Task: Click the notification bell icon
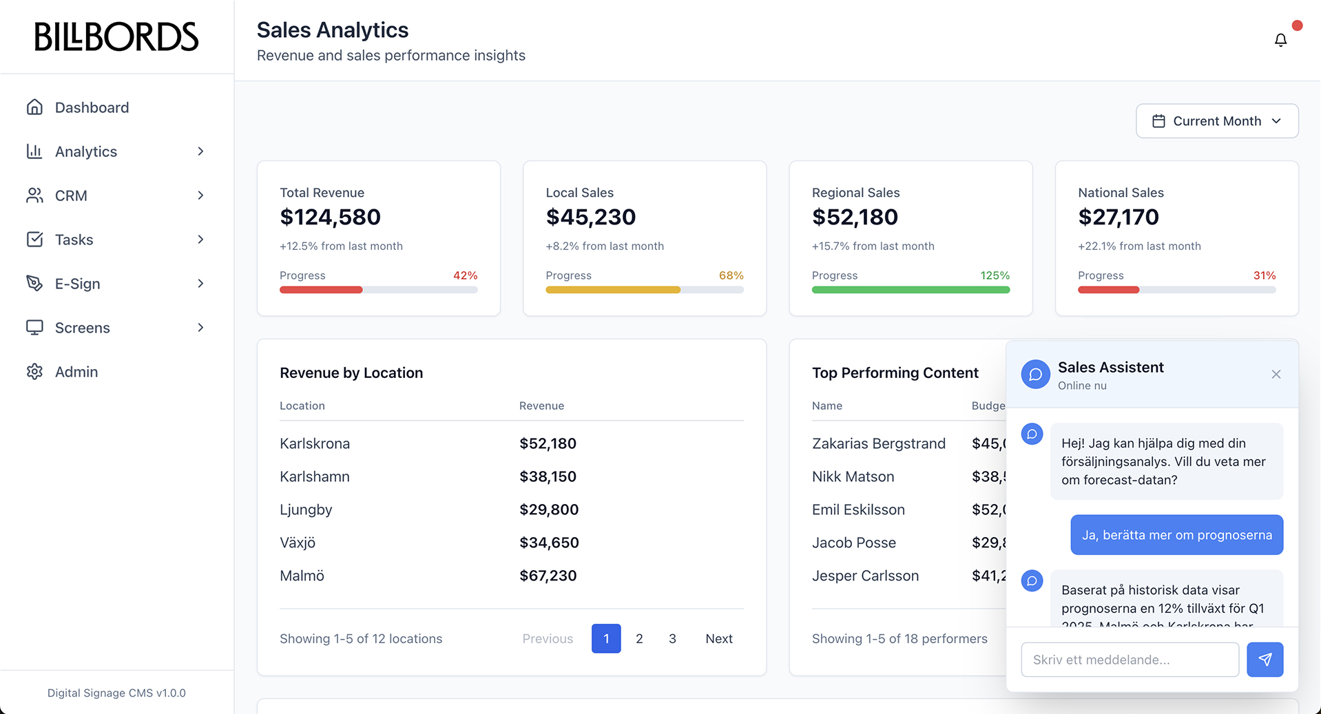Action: (1280, 40)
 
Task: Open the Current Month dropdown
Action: (1217, 121)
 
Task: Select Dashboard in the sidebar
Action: (92, 107)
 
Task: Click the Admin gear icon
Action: (34, 372)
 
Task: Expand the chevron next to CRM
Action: (200, 196)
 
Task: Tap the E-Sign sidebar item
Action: (78, 284)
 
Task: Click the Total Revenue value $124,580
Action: (330, 218)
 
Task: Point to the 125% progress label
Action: (995, 275)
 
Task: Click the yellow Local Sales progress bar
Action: (612, 290)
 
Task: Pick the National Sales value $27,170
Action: (1118, 218)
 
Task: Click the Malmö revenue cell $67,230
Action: (548, 576)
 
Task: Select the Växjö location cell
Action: (298, 543)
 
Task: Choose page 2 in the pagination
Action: (639, 639)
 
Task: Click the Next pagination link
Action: (718, 639)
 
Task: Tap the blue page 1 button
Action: (606, 639)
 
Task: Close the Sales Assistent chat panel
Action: (1276, 375)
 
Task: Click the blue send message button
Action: (1265, 660)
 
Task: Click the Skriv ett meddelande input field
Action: (1130, 660)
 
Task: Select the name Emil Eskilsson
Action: (858, 510)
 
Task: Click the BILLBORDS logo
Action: (116, 37)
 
